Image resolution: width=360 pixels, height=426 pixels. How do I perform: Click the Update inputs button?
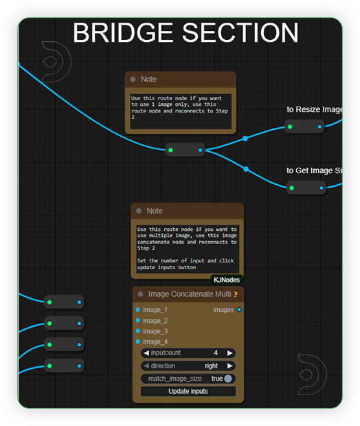(188, 391)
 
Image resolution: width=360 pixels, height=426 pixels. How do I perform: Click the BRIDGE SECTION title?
(185, 33)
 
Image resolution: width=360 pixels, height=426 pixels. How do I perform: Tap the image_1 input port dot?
(138, 309)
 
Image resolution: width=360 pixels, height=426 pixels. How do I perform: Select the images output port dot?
(239, 309)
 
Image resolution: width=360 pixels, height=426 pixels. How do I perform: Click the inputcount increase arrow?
(230, 353)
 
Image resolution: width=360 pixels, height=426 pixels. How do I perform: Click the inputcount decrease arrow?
(146, 353)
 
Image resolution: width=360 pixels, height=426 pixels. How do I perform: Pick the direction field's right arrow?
(230, 366)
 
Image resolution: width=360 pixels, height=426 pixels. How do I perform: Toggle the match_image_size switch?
(228, 379)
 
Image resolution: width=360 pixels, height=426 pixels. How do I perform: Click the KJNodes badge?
(227, 280)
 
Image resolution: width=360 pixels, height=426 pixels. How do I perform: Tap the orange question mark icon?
(236, 294)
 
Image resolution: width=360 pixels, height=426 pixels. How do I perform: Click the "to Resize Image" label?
(315, 109)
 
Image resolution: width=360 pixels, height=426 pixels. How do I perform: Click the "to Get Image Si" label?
(314, 170)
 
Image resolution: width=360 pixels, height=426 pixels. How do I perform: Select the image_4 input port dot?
(138, 341)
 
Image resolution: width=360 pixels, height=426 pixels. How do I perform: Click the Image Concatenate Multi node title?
(190, 294)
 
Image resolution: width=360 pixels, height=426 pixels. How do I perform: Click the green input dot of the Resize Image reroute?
(290, 126)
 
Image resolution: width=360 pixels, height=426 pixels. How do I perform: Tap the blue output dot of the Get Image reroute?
(322, 188)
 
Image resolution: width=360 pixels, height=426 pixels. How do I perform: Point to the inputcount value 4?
(216, 352)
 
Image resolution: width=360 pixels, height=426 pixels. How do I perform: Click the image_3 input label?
(155, 331)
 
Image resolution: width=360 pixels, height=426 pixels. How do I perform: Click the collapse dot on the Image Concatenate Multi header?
(140, 294)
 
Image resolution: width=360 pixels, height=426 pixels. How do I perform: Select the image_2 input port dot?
(138, 320)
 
